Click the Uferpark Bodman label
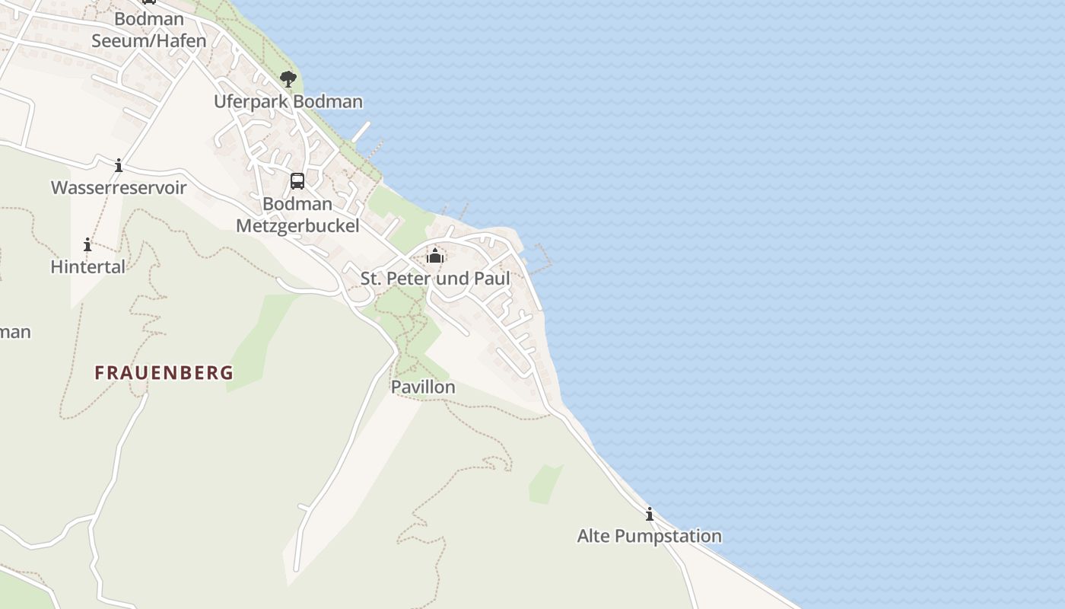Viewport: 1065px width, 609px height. (x=288, y=101)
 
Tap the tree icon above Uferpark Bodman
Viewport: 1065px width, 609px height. (x=288, y=78)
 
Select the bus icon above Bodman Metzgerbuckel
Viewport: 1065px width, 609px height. (x=297, y=181)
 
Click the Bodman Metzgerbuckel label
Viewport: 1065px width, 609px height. (x=297, y=215)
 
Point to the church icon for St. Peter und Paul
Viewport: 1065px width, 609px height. (x=435, y=256)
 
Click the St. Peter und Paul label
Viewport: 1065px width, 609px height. (x=435, y=279)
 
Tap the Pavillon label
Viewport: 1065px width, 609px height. (x=423, y=387)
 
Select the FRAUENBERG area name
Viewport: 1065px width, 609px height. (x=164, y=373)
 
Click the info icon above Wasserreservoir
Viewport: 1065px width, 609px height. (x=119, y=165)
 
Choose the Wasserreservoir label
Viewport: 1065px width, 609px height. (x=119, y=187)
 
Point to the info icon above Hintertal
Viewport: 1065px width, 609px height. (x=87, y=244)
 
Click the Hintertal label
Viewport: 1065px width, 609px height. (x=87, y=266)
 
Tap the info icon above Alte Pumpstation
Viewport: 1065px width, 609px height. (x=649, y=515)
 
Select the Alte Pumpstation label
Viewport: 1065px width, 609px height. (x=649, y=536)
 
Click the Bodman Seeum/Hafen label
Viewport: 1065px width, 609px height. (x=149, y=30)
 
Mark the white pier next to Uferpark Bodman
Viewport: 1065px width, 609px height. (x=361, y=132)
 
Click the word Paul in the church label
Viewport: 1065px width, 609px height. (x=492, y=279)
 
